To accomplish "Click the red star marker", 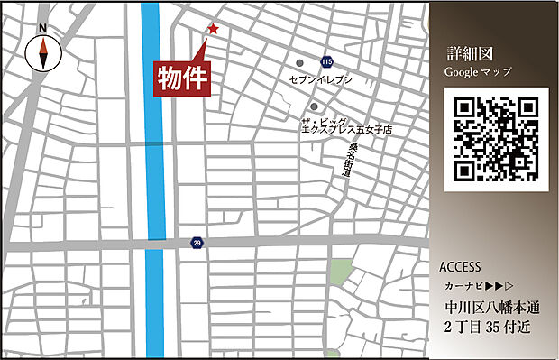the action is (213, 30).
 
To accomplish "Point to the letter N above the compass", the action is (43, 29).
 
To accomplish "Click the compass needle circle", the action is (42, 53).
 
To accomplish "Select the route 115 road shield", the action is (326, 60).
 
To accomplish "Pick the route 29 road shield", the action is (197, 243).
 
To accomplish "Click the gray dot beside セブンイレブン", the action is (300, 63).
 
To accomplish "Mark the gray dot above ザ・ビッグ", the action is (314, 106).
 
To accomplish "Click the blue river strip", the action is (153, 180).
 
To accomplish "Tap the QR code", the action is (497, 140).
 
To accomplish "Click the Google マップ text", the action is (478, 71).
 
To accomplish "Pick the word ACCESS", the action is (460, 268).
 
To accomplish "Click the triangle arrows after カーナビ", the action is (502, 285).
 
